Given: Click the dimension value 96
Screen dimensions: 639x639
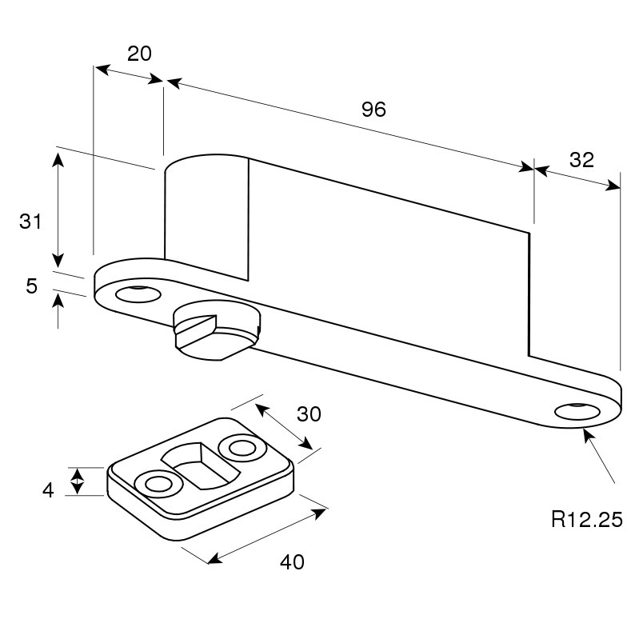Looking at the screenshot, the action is [x=373, y=110].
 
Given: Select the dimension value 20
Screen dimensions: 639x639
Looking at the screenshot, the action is [x=139, y=54].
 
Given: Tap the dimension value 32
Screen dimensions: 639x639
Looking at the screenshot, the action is [x=581, y=160].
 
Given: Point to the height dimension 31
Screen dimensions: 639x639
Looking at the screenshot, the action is [x=30, y=222].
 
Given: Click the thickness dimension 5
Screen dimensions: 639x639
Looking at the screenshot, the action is [x=31, y=286].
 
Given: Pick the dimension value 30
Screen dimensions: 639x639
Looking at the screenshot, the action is [x=309, y=414].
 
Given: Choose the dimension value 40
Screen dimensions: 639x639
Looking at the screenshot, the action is [x=292, y=562].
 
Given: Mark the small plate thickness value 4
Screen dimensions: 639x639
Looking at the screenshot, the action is [x=48, y=489].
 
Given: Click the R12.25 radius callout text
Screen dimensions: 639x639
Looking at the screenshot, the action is [x=587, y=520].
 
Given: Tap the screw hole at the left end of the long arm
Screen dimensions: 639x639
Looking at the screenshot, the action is [x=138, y=294].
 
